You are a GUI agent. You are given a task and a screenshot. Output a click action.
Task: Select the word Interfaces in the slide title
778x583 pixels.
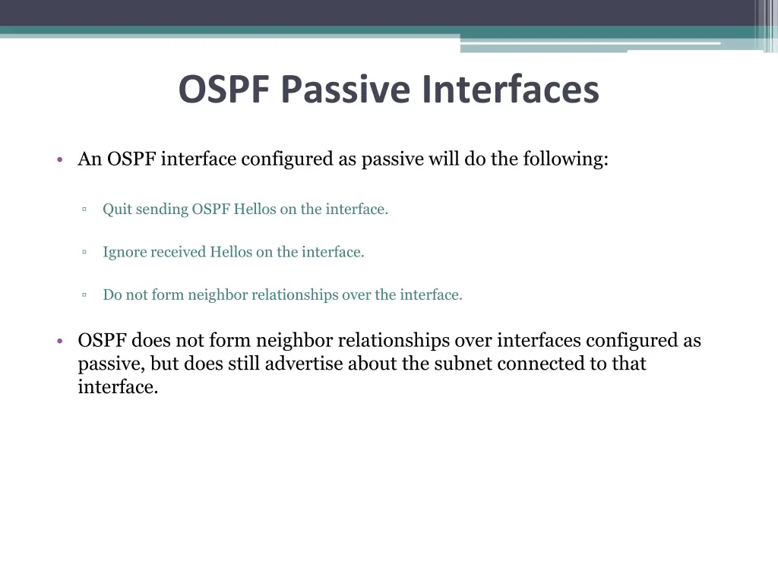click(511, 90)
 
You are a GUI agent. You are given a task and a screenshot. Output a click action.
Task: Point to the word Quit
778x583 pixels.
click(117, 210)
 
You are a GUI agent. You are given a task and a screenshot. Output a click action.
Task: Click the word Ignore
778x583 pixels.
click(125, 252)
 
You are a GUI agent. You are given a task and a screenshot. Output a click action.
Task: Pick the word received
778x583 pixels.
click(179, 252)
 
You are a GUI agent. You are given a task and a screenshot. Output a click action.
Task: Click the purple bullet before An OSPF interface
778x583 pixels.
click(59, 160)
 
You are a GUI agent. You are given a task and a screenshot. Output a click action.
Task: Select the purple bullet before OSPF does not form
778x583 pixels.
click(59, 342)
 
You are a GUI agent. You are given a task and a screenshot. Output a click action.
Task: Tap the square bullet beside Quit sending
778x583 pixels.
click(84, 210)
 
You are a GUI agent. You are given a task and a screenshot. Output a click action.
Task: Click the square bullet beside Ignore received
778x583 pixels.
click(84, 252)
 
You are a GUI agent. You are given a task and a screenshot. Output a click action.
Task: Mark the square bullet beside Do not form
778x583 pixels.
click(84, 295)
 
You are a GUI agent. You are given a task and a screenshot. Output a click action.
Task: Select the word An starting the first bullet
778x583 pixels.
click(90, 159)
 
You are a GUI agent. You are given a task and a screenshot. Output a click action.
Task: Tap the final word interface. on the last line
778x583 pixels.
click(118, 387)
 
